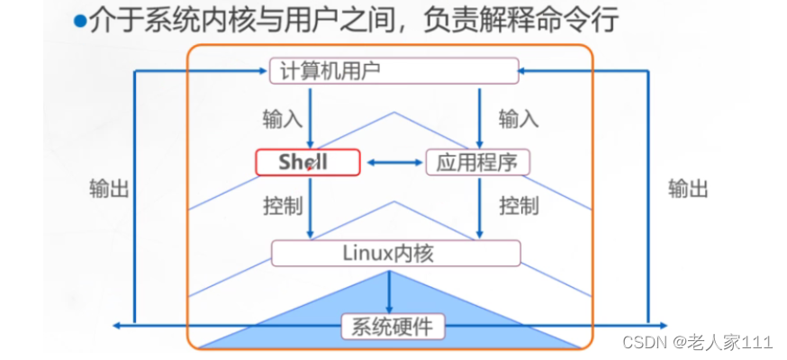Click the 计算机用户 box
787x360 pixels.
(394, 70)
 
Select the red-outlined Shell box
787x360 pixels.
(307, 163)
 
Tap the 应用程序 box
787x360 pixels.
(477, 163)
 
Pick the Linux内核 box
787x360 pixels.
(395, 253)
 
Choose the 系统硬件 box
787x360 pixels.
(388, 326)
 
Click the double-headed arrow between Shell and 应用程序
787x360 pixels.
(393, 163)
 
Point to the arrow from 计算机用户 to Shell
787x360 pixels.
(310, 117)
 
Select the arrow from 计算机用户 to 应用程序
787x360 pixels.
(478, 117)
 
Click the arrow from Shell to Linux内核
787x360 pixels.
(310, 207)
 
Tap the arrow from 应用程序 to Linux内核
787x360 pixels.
(478, 207)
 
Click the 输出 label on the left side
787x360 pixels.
(109, 188)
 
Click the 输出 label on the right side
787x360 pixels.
(688, 188)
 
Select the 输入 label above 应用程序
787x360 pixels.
(519, 118)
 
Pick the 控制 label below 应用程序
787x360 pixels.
(519, 205)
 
